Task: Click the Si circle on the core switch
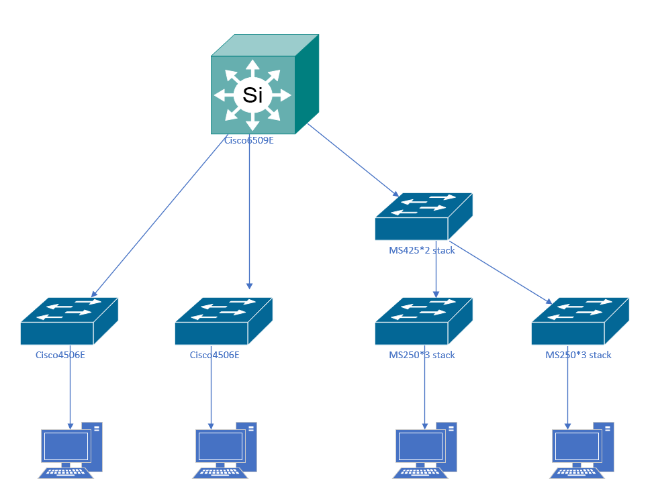click(252, 95)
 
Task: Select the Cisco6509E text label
click(249, 141)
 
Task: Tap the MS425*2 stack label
click(422, 250)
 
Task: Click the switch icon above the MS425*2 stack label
click(423, 217)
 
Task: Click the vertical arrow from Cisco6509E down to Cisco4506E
click(250, 215)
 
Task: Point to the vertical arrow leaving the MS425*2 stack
click(436, 268)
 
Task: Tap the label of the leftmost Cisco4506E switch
click(60, 355)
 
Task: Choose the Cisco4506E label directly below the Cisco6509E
click(215, 355)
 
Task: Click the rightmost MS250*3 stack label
click(578, 355)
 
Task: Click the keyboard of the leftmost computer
click(65, 472)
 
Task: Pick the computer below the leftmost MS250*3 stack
click(425, 449)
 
